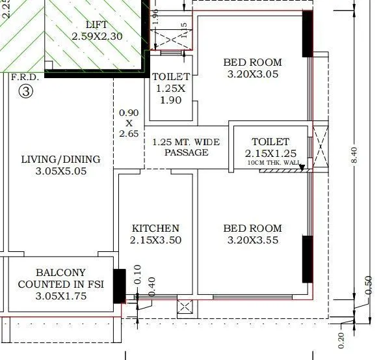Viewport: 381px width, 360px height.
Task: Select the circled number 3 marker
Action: (25, 92)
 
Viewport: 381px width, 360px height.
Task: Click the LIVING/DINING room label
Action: (60, 159)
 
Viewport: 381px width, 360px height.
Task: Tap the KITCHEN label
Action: (155, 228)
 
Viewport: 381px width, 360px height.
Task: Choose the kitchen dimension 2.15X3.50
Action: (155, 240)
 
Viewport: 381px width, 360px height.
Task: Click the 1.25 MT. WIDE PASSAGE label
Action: (186, 147)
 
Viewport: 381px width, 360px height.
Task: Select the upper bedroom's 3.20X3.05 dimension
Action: (253, 75)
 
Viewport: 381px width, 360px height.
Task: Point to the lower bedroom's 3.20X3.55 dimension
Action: (253, 240)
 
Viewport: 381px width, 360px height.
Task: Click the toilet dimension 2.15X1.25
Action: (270, 153)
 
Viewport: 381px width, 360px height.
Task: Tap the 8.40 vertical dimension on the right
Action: (354, 155)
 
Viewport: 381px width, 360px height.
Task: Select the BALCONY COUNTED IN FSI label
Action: (60, 279)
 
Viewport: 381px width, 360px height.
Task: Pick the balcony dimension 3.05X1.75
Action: (60, 296)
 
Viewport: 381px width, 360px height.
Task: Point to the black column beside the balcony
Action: (118, 286)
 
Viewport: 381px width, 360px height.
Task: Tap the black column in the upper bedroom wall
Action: (307, 34)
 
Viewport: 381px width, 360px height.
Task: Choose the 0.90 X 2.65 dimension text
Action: (129, 123)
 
